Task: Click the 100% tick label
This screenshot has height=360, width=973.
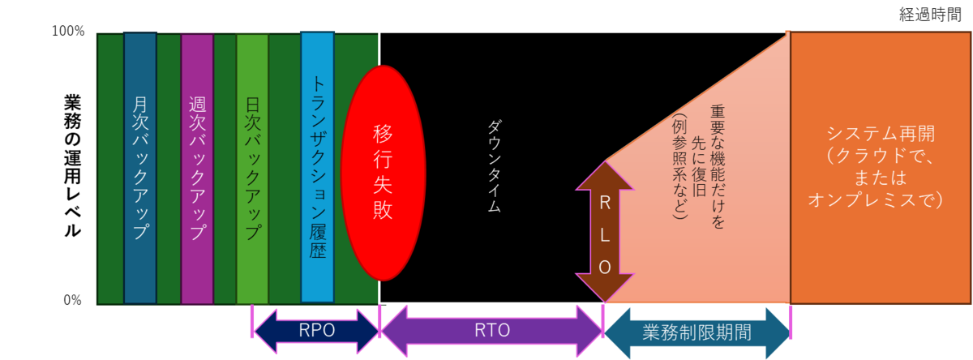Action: tap(68, 32)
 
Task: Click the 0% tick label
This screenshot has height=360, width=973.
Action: tap(72, 300)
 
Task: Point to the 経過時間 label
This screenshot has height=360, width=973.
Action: tap(930, 15)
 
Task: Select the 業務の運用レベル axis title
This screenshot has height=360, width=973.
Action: tap(72, 166)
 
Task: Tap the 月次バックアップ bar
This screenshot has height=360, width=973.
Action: tap(140, 168)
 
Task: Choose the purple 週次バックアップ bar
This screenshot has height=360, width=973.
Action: tap(197, 169)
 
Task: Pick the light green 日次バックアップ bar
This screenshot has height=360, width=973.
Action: tap(252, 169)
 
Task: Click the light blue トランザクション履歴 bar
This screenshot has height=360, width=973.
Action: tap(318, 167)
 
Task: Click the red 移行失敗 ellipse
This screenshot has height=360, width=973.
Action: tap(383, 173)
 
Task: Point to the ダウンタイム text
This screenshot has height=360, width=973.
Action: tap(495, 166)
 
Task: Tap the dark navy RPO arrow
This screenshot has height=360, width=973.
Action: tap(317, 331)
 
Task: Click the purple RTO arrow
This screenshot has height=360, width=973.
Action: tap(492, 331)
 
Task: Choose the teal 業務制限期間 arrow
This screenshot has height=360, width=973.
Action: tap(697, 332)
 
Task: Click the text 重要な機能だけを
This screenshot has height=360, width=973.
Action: tap(718, 167)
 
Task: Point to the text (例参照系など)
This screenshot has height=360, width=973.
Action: tap(679, 167)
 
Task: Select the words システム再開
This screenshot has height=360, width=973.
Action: tap(881, 134)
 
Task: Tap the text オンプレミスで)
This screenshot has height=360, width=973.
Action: tap(875, 200)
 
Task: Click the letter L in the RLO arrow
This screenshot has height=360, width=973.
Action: tap(605, 235)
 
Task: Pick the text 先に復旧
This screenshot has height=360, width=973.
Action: tap(698, 167)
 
